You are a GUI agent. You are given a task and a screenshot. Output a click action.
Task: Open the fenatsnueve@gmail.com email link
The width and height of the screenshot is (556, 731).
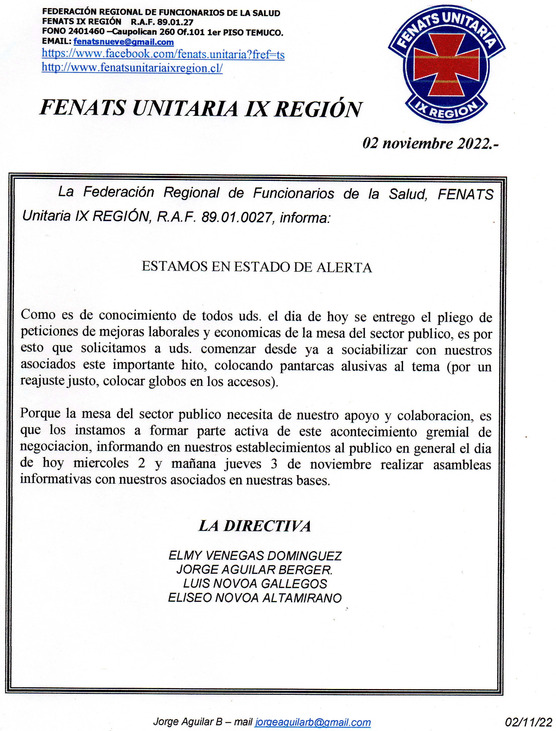coord(124,42)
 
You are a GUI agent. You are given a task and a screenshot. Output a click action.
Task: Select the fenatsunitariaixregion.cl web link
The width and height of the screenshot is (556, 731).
coord(132,68)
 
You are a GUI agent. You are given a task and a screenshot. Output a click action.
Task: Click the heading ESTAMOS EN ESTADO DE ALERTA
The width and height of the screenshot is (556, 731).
coord(257,267)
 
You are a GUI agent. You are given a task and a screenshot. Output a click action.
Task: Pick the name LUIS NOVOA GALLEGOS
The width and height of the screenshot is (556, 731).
coord(255,584)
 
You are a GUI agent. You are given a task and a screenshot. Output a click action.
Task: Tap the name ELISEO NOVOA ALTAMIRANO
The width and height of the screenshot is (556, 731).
coord(255,598)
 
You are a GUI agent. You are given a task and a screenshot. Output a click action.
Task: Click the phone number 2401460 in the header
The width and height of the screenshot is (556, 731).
coord(86,32)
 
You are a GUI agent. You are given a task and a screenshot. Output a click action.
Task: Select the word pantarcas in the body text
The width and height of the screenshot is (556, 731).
coord(306,366)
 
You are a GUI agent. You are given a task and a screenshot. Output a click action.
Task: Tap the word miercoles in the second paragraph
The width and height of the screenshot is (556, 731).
coord(101,463)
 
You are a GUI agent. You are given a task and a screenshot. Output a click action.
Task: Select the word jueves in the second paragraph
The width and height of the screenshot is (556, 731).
coord(243,464)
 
